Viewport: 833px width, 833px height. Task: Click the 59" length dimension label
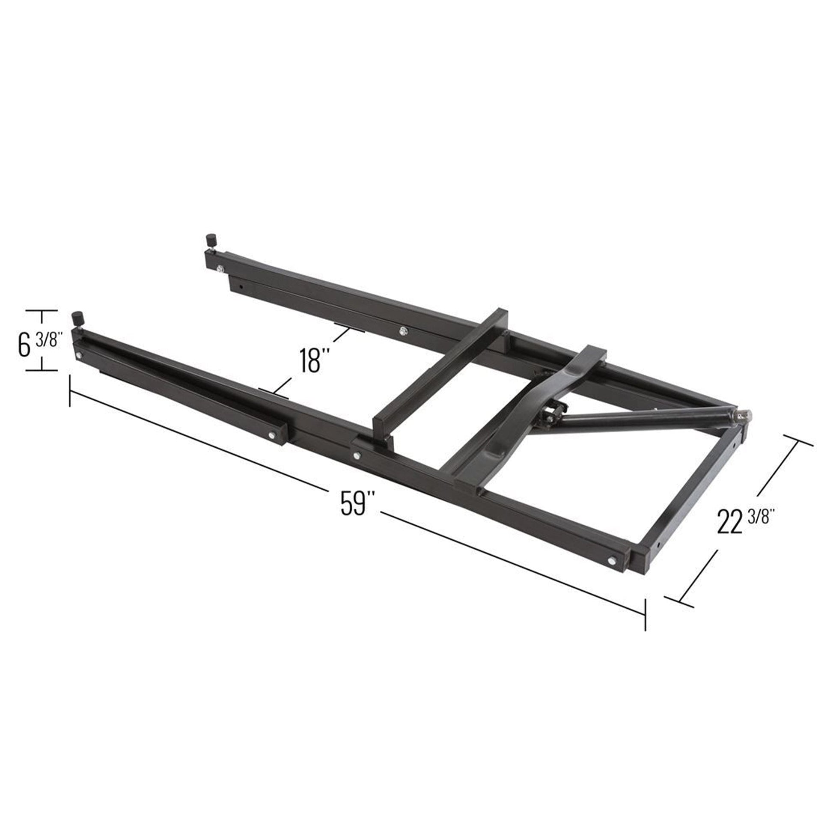point(353,503)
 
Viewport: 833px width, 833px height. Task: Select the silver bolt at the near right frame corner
point(611,560)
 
